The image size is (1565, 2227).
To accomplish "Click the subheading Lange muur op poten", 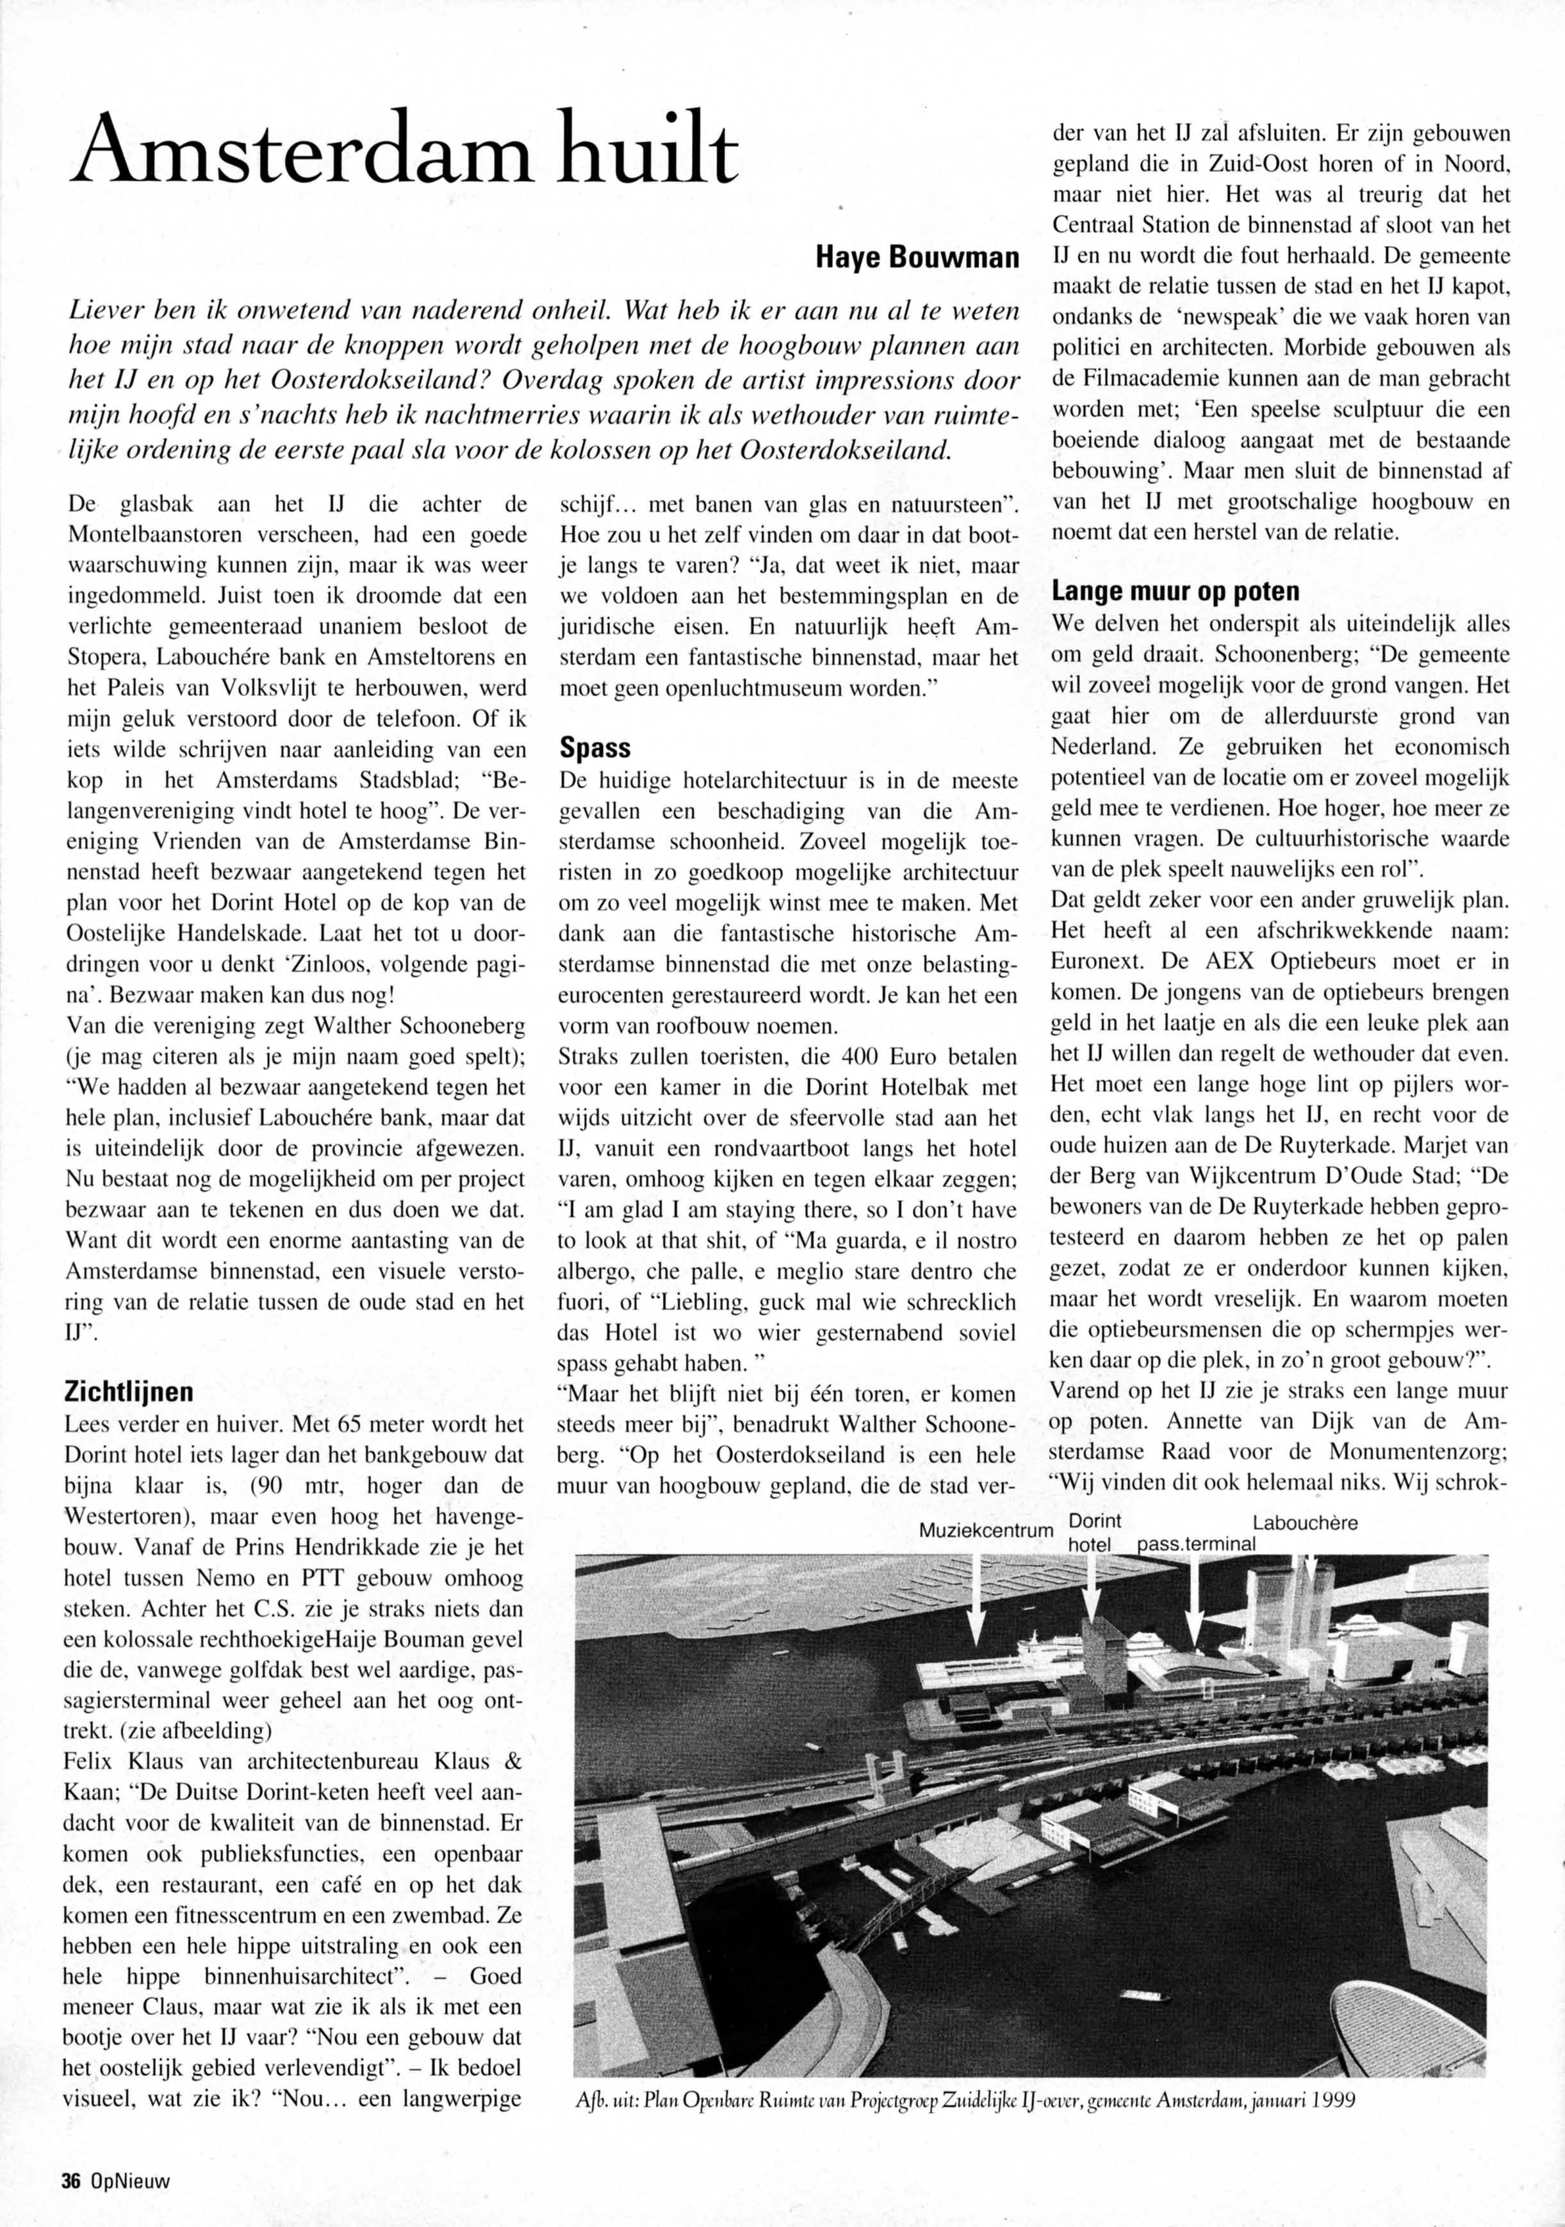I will point(1171,591).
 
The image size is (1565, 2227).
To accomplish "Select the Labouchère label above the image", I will point(1305,1523).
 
